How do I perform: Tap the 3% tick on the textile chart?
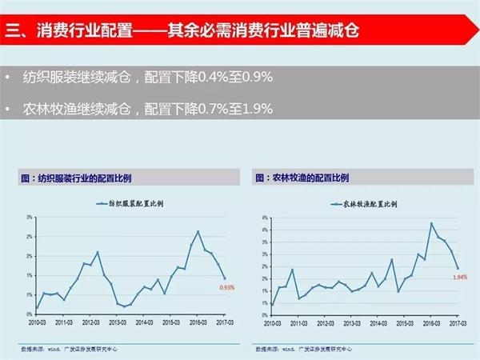29,217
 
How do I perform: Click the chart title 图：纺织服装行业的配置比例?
78,179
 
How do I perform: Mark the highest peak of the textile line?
198,232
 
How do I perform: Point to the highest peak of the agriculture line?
431,223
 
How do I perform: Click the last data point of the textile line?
225,278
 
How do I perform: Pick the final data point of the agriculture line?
457,268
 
